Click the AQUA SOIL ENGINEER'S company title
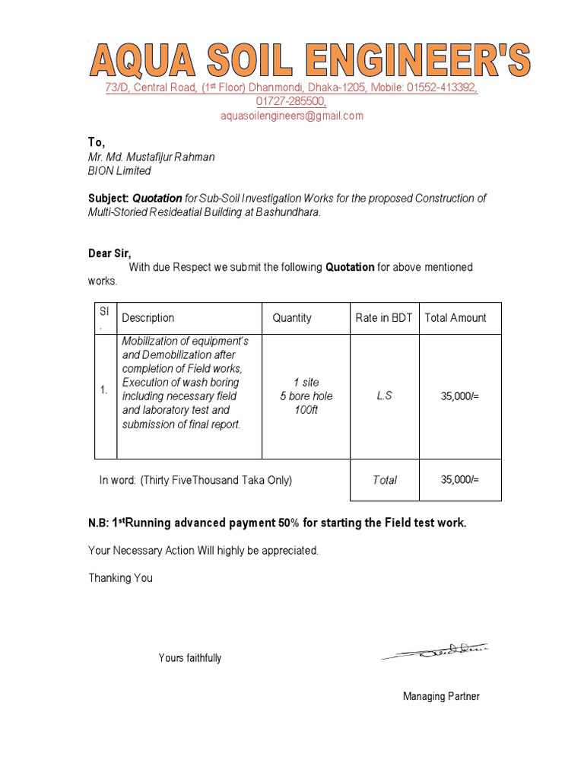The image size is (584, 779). click(x=310, y=60)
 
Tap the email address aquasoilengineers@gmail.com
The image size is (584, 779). click(x=292, y=116)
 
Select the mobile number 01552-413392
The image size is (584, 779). click(x=442, y=88)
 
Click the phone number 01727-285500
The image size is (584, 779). click(x=291, y=101)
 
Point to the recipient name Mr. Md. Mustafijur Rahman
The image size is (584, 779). click(x=151, y=157)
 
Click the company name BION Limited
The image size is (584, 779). click(x=119, y=171)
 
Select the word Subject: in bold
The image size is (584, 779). click(x=109, y=199)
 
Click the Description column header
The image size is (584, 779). click(x=148, y=318)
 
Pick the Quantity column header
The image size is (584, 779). click(x=292, y=318)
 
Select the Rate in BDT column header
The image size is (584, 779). click(x=383, y=318)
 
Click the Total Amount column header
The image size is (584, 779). click(x=455, y=318)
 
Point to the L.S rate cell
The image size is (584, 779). click(x=384, y=396)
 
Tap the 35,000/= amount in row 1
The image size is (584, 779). click(x=460, y=396)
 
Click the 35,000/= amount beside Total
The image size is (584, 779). click(x=460, y=480)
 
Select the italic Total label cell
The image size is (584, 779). click(x=385, y=480)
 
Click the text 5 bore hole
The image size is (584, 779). click(x=306, y=396)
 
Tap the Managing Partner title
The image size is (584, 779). click(x=441, y=696)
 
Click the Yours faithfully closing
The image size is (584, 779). click(x=190, y=658)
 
